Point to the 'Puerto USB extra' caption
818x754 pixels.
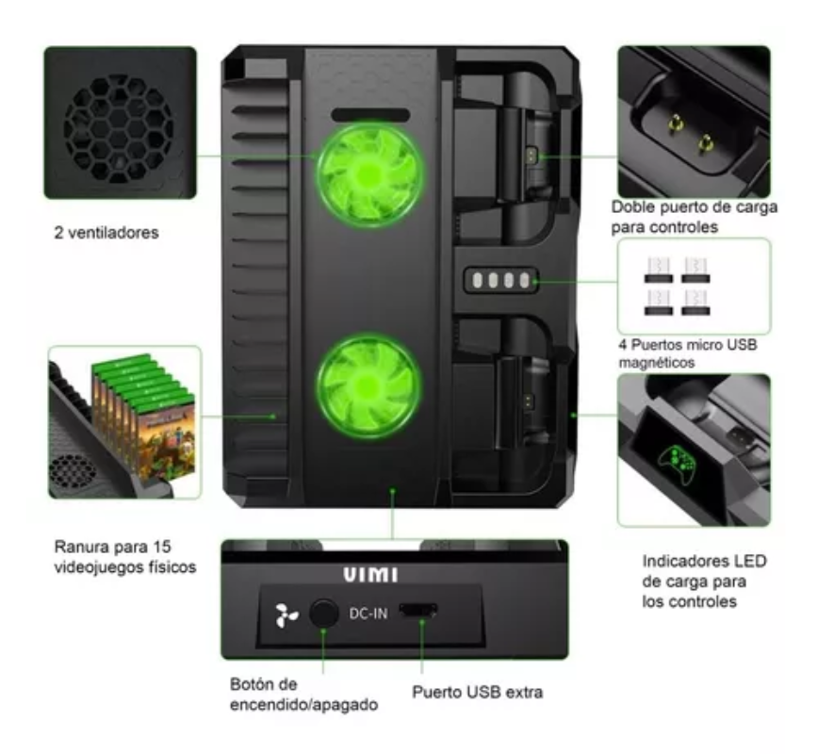(x=477, y=694)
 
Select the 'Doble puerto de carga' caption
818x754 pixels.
(x=695, y=216)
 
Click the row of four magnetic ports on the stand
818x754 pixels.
(x=500, y=280)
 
